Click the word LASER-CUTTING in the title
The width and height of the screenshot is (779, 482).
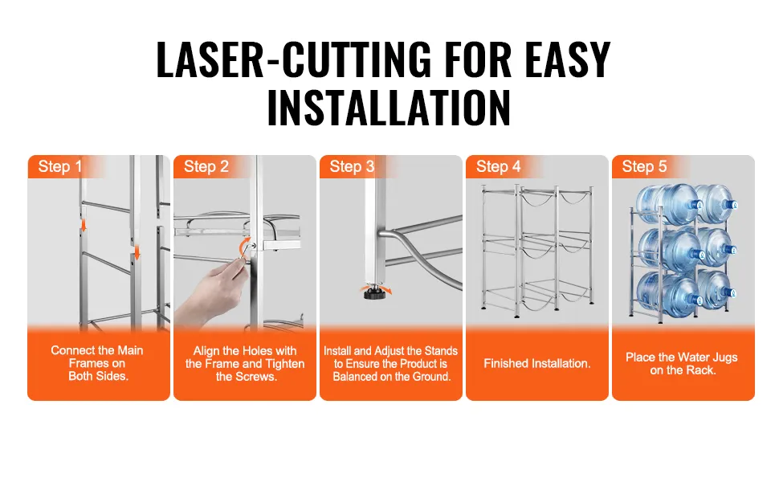tap(294, 60)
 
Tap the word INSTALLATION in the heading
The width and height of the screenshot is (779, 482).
tap(389, 108)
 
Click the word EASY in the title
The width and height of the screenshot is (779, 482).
tap(568, 60)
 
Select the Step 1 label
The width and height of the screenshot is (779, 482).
tap(60, 166)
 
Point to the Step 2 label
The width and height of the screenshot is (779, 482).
tap(206, 166)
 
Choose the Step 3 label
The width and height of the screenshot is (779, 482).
tap(353, 166)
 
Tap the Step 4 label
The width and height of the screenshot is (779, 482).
tap(498, 166)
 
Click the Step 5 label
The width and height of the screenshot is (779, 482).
tap(644, 166)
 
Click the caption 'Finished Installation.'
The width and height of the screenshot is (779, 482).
tap(537, 364)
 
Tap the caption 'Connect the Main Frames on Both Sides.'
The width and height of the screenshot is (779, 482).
tap(97, 363)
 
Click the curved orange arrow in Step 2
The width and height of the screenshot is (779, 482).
tap(244, 247)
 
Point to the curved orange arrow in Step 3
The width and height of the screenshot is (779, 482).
tap(376, 288)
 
